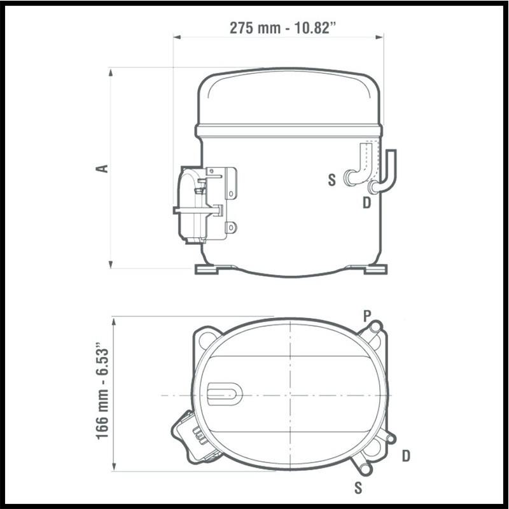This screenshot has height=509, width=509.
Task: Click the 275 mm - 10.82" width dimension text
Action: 282,28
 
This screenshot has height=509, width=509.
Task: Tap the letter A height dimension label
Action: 102,169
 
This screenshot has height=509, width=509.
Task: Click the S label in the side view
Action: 331,180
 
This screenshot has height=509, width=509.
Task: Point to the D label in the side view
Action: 366,203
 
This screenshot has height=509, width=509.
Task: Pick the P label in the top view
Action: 367,316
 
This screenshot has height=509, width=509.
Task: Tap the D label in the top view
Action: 406,456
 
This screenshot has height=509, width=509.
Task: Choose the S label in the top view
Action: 358,487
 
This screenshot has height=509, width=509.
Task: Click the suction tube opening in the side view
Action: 349,178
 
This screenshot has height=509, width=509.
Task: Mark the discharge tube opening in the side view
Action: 372,187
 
